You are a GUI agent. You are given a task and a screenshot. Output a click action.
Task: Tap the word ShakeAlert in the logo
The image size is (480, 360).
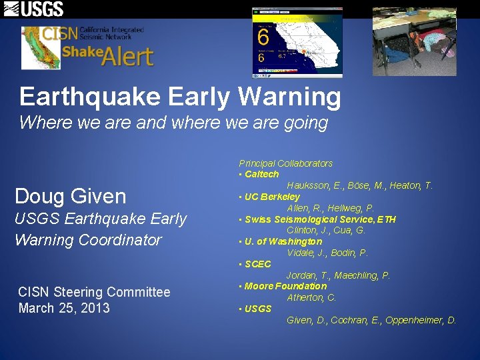108,55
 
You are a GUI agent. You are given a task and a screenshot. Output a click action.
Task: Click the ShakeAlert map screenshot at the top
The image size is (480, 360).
297,42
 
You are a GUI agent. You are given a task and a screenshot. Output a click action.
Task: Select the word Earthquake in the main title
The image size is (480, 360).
90,97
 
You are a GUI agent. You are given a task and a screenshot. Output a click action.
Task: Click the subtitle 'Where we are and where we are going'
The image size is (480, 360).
173,123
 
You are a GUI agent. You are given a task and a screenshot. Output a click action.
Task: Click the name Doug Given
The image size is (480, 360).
70,196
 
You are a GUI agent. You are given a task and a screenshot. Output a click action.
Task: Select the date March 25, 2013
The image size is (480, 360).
64,308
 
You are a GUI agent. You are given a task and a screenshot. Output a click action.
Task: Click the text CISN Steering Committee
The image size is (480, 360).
94,292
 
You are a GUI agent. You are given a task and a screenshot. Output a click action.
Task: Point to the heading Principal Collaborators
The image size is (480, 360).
285,163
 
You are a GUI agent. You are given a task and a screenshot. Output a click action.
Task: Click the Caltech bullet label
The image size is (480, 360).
261,174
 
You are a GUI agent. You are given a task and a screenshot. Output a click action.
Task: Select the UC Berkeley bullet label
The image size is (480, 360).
272,197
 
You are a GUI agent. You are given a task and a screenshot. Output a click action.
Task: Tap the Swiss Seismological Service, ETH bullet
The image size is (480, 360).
320,219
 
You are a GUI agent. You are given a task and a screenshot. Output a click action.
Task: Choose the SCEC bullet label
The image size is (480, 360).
257,264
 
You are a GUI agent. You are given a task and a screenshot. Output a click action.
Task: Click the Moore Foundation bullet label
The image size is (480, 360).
285,286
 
